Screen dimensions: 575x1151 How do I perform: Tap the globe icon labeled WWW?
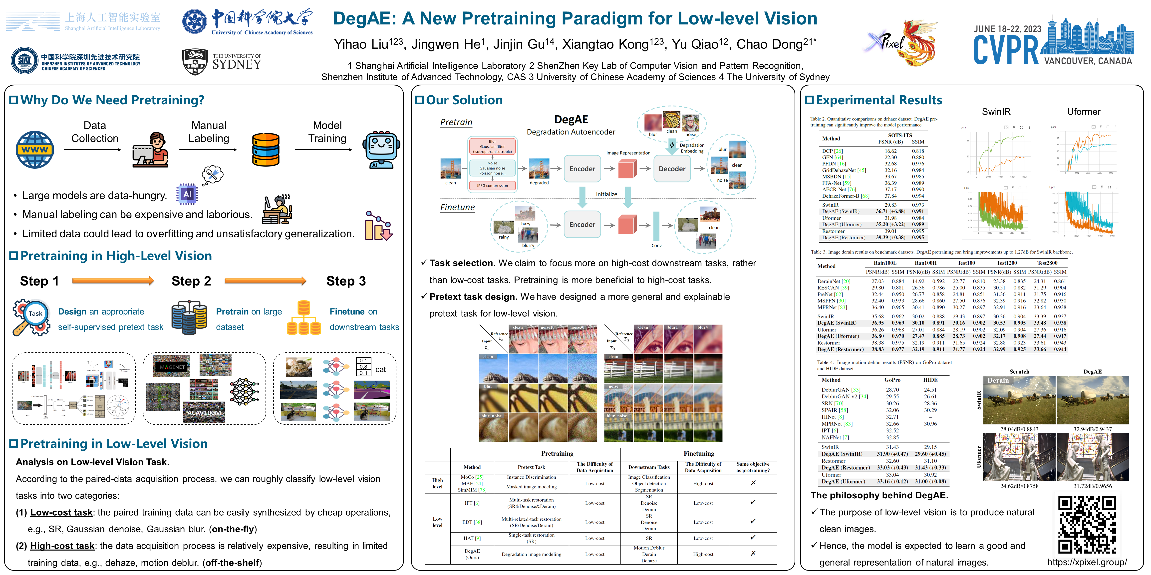click(35, 149)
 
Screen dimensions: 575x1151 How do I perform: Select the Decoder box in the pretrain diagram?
click(672, 169)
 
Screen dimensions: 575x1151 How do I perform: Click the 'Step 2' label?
click(191, 281)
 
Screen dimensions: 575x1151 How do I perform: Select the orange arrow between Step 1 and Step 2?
click(113, 281)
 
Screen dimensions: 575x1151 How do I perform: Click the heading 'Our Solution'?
click(464, 100)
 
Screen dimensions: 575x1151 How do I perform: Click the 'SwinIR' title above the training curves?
click(996, 112)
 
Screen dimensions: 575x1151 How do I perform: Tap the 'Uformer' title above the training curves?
click(1084, 112)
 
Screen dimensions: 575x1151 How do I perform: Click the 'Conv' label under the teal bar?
click(656, 246)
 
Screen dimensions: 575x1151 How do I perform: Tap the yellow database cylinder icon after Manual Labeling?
click(266, 149)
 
